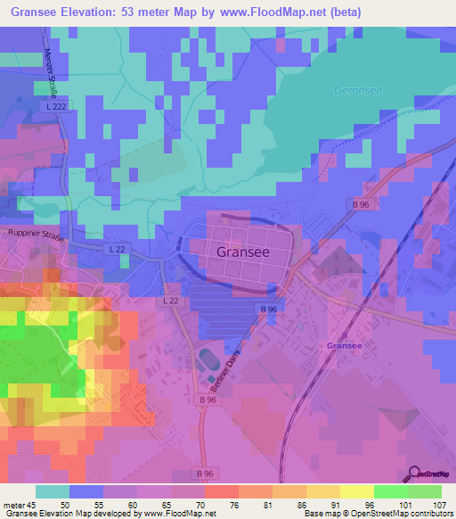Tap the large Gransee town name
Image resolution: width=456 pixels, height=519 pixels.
point(242,251)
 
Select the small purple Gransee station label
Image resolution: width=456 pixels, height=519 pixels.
point(344,345)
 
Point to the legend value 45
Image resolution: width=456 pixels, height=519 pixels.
point(35,505)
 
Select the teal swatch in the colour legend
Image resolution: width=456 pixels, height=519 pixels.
point(52,491)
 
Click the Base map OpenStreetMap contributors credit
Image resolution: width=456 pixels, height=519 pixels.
point(378,515)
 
